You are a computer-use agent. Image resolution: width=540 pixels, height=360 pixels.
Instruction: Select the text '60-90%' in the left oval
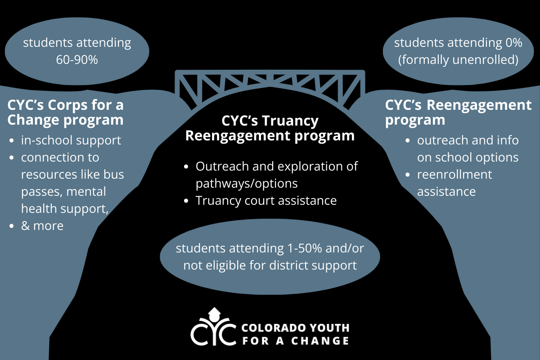[x=77, y=59]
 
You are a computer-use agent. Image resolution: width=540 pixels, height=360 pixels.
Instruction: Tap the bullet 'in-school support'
[x=71, y=140]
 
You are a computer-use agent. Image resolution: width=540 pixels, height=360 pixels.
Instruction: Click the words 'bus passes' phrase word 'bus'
[x=113, y=174]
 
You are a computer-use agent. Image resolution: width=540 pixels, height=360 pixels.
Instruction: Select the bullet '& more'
[x=42, y=225]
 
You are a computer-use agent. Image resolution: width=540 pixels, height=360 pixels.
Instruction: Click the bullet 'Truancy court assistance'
[x=266, y=200]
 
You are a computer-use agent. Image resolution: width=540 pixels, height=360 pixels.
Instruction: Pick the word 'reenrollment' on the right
[x=454, y=174]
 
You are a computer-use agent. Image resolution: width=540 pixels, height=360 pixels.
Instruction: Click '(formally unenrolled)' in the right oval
[x=459, y=59]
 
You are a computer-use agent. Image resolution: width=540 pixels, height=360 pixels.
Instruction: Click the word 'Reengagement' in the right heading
[x=479, y=105]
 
